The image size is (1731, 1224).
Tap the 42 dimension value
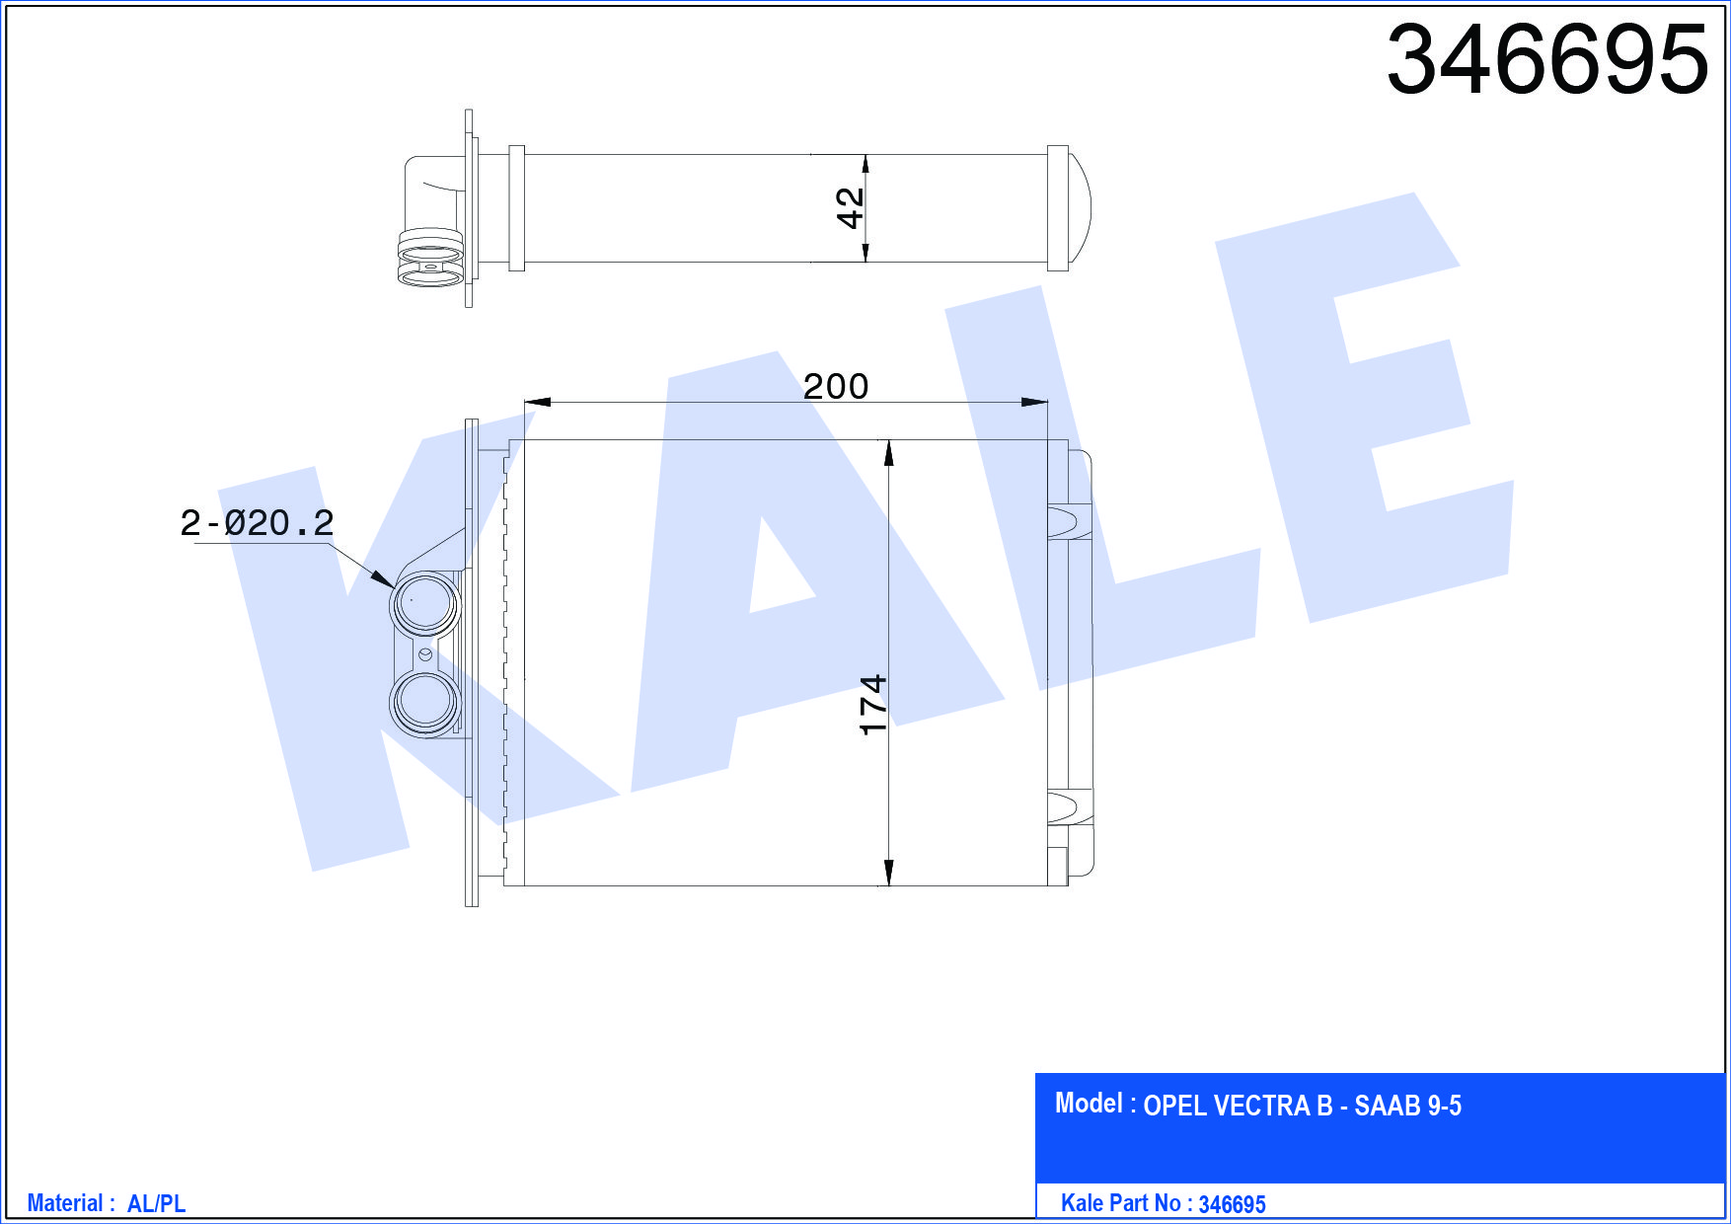(850, 208)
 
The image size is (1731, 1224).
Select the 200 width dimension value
(836, 386)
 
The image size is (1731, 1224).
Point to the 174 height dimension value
(873, 705)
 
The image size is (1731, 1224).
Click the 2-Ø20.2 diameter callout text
(257, 522)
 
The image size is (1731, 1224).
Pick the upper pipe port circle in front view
(425, 603)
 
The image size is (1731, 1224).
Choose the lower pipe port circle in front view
(425, 702)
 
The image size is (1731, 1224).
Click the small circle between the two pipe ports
(425, 653)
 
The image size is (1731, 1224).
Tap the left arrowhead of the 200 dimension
(537, 402)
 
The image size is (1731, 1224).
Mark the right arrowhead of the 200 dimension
(1035, 402)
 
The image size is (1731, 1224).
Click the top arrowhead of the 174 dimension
(889, 453)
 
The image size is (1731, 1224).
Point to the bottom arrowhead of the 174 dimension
(889, 873)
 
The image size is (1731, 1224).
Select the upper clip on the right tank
(1068, 520)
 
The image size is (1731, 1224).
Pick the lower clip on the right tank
(1068, 806)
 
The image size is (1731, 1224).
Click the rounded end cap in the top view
(1079, 208)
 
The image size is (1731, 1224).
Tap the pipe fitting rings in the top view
(430, 259)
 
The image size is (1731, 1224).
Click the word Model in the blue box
(1089, 1104)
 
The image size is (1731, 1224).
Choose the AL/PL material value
(156, 1203)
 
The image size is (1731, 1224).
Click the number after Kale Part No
(1232, 1204)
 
